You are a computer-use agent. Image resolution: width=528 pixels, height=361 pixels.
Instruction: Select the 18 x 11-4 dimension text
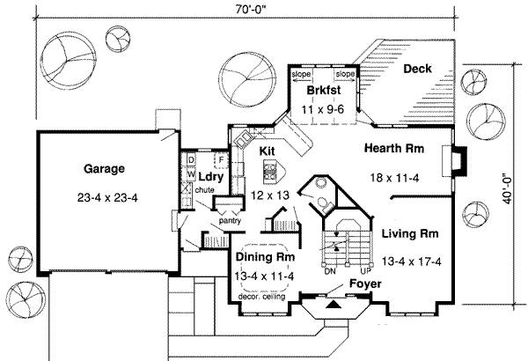[395, 176]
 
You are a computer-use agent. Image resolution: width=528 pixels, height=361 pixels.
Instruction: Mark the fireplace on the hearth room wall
[456, 160]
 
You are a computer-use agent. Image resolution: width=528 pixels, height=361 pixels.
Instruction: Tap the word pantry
[231, 222]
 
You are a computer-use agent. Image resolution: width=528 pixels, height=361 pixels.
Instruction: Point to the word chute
[207, 189]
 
